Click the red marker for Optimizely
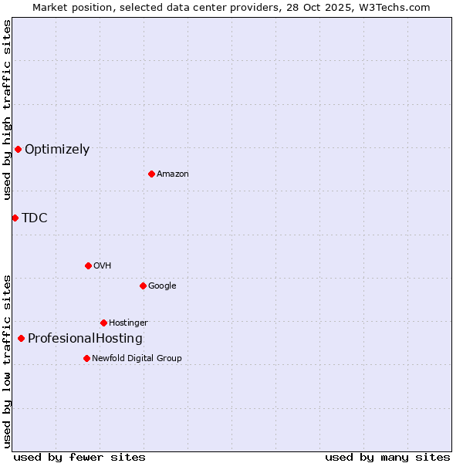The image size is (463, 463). [x=18, y=149]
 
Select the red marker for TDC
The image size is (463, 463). [x=15, y=218]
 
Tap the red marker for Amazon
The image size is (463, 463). [x=151, y=174]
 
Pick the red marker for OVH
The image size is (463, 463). [x=88, y=265]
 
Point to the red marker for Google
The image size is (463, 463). [x=143, y=286]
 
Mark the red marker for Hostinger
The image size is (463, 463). [x=103, y=323]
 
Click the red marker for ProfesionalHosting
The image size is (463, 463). [x=21, y=338]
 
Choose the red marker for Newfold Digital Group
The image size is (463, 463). [x=86, y=358]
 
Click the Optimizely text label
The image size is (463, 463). [x=57, y=150]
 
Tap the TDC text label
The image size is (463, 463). [x=35, y=218]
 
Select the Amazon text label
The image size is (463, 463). [x=173, y=174]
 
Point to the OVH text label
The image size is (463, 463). [x=103, y=266]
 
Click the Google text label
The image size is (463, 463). [x=162, y=286]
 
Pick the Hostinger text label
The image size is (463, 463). [x=128, y=323]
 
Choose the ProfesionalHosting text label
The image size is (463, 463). [x=85, y=339]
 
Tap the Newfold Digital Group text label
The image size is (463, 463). [x=137, y=359]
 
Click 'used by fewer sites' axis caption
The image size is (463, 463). [x=79, y=457]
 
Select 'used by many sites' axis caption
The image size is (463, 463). [x=387, y=457]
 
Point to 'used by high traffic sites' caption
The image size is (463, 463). [x=8, y=110]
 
